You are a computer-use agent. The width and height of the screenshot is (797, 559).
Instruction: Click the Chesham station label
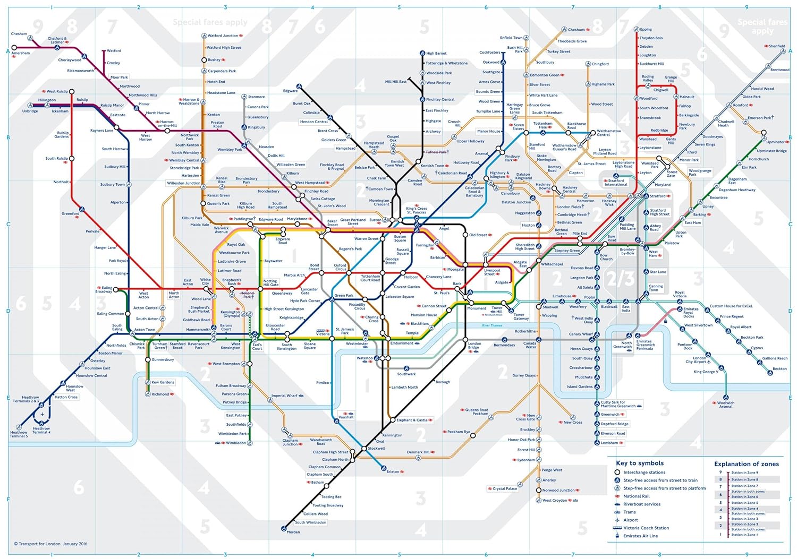19,34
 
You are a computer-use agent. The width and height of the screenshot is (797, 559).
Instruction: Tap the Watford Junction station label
223,36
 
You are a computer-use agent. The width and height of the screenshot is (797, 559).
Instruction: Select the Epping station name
646,30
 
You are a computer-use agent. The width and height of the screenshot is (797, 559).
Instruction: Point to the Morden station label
293,532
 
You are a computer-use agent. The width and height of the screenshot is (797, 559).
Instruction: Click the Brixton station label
393,471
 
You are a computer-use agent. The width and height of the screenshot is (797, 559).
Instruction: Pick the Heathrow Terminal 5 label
19,434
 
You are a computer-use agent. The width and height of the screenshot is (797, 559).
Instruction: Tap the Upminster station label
775,142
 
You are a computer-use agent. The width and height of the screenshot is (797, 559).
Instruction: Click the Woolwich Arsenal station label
726,405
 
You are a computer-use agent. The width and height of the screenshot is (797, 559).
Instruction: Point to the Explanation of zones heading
746,464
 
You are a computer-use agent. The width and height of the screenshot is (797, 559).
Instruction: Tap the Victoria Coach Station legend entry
646,528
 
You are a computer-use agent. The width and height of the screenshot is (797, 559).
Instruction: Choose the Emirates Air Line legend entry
640,536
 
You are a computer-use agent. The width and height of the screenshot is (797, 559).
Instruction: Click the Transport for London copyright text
50,544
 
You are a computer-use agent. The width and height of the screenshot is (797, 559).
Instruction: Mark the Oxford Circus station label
340,267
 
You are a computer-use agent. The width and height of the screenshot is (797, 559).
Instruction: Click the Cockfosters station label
489,53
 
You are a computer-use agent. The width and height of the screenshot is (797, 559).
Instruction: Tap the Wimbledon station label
236,443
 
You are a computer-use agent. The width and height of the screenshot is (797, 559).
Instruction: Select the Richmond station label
160,394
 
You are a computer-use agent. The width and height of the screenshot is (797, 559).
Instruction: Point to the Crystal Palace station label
504,488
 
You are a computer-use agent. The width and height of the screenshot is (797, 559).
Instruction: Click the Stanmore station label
256,97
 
